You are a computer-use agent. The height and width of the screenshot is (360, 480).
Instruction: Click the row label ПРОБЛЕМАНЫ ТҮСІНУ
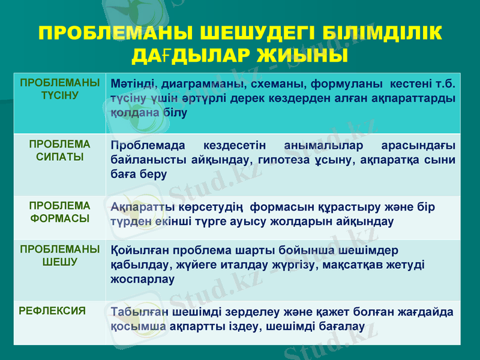59,89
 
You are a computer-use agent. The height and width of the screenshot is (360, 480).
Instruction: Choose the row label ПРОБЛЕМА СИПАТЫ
59,151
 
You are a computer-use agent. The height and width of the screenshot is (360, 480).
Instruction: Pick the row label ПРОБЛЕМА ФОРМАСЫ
59,212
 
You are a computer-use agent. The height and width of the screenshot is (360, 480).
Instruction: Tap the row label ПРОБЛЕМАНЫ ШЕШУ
59,256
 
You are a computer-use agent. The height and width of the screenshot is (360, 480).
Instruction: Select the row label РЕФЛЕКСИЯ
51,311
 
